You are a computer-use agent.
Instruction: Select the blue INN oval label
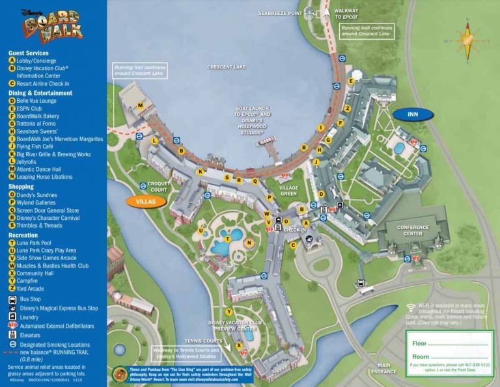pos(413,114)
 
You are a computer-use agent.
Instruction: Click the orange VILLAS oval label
pos(145,202)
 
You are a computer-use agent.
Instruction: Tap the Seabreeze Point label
pos(280,12)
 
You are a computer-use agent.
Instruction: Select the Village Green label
pos(288,190)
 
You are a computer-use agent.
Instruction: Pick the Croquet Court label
pos(158,187)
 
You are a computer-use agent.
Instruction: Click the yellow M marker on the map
pos(140,105)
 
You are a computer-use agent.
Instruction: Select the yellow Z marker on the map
pos(348,108)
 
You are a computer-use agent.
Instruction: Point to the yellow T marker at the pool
pos(227,239)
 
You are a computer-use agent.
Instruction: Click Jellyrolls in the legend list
pos(30,161)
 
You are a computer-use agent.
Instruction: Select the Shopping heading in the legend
pos(21,187)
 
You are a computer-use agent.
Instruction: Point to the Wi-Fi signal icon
pos(411,306)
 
